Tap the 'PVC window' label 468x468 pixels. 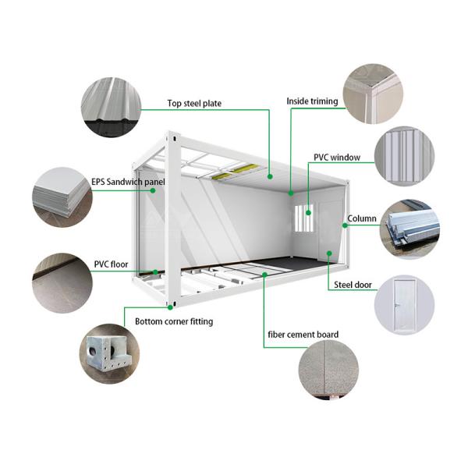tap(336, 158)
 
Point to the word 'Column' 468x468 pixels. tap(362, 219)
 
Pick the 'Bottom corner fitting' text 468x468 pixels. tap(173, 321)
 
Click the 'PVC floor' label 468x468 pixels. tap(111, 264)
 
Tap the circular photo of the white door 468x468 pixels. tap(405, 305)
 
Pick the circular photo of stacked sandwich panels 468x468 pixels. tap(62, 194)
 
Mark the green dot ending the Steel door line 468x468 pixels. tap(330, 253)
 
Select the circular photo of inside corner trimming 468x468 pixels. tap(373, 93)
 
